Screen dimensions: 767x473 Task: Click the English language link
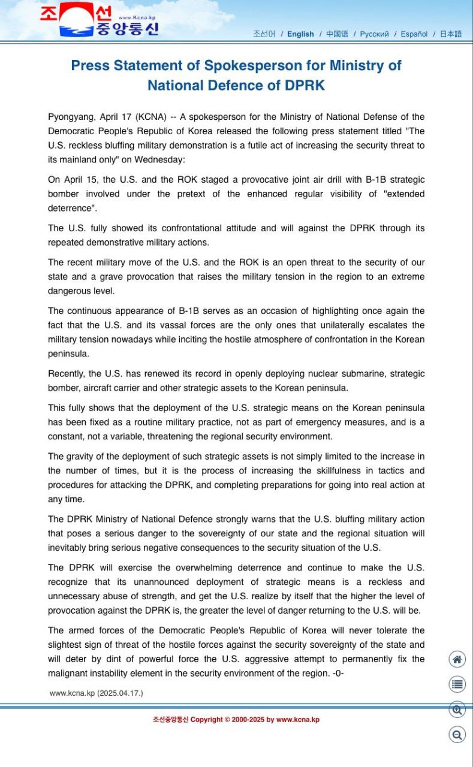(x=300, y=34)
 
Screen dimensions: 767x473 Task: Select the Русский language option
(x=374, y=34)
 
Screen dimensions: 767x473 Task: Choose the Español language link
(x=414, y=34)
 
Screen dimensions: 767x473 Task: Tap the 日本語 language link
(x=451, y=34)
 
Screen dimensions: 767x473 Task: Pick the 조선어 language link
(x=264, y=34)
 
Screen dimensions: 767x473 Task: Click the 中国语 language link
(x=337, y=34)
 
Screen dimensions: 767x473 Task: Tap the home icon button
(x=457, y=659)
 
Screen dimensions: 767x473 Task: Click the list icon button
(x=457, y=684)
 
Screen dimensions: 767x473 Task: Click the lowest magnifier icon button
(x=457, y=735)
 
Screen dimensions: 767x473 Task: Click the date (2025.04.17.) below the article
(x=120, y=693)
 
